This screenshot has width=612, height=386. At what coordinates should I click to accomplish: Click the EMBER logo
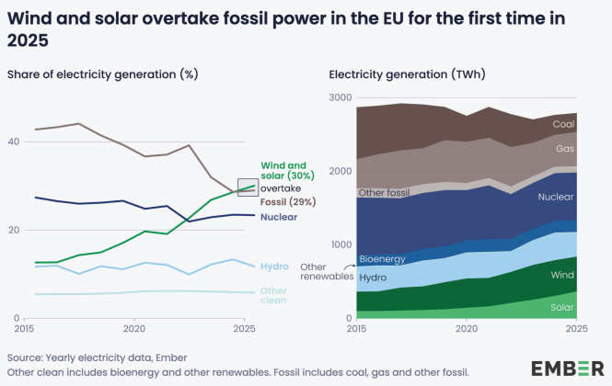568,369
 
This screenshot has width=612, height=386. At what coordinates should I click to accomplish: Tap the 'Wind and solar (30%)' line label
288,170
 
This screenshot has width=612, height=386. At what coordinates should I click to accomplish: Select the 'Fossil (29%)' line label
288,201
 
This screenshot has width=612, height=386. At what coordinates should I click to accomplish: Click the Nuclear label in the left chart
279,217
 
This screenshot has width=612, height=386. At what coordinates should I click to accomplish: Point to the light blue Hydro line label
274,267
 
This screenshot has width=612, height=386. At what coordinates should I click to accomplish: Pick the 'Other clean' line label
273,296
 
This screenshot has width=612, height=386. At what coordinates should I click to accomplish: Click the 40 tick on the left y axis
14,142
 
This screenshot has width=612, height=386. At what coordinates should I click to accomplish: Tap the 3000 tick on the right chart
341,97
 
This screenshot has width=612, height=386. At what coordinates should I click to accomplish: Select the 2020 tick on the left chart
134,329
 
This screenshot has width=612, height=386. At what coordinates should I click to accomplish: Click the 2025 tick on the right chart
577,329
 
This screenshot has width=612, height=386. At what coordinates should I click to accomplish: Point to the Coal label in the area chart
563,124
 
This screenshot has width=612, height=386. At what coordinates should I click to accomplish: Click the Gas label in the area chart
565,149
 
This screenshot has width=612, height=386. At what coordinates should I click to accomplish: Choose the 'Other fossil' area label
384,193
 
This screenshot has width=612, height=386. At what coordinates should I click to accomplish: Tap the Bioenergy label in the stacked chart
383,259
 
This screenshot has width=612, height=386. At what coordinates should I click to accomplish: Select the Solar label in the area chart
562,307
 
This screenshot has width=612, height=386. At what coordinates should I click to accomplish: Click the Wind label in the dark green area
562,275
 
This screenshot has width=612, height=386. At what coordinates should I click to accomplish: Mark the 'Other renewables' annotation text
327,272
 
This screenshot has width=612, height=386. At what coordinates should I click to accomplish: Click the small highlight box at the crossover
248,187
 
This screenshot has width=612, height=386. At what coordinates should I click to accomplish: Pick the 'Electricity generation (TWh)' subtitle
407,74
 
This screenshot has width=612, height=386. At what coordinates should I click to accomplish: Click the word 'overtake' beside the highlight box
281,188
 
